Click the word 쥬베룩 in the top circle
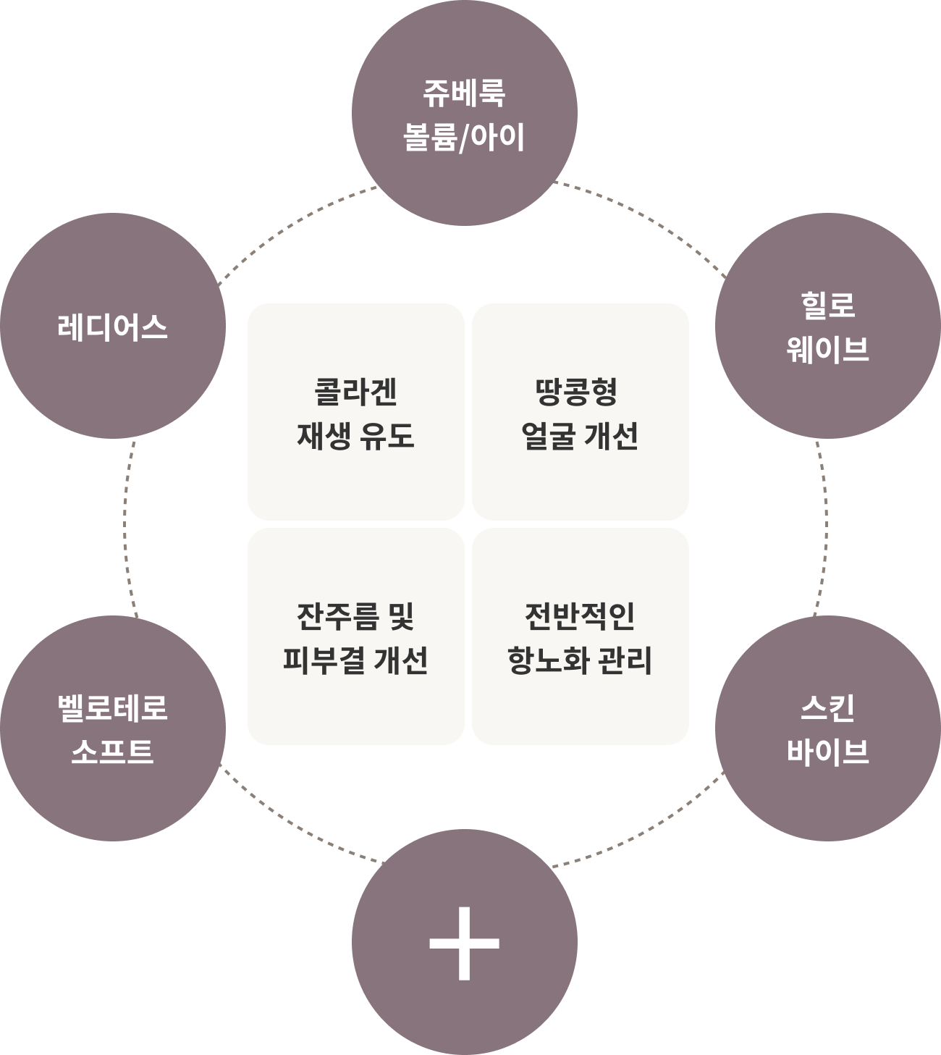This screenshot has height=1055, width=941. tap(464, 93)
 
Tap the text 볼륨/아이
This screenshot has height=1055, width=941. tap(464, 137)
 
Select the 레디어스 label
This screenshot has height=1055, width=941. tap(112, 327)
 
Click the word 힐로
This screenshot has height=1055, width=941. tap(827, 305)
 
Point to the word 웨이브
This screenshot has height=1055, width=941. tap(827, 349)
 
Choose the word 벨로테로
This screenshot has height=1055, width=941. tap(112, 707)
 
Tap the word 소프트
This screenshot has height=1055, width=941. tap(112, 751)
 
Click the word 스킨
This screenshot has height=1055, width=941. tap(827, 707)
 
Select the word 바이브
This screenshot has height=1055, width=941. tap(827, 751)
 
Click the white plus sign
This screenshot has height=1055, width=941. tap(464, 943)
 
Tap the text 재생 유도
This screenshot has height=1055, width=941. tap(355, 436)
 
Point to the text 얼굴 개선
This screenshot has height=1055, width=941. tap(580, 436)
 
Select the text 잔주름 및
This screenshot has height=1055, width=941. tap(355, 616)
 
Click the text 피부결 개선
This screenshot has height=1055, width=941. tap(355, 660)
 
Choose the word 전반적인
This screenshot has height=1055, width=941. tap(580, 616)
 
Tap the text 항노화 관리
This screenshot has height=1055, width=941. tap(580, 660)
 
